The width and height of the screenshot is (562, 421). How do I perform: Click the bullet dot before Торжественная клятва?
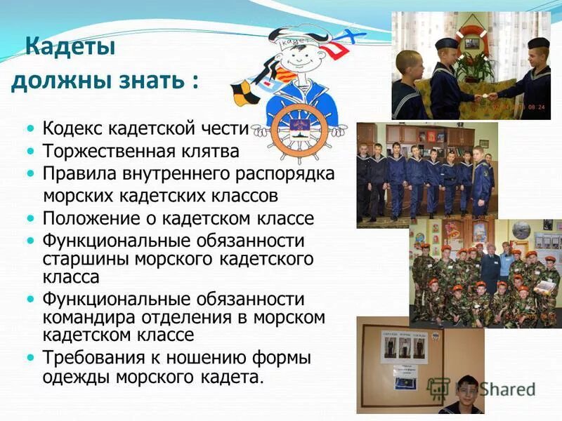click(x=30, y=151)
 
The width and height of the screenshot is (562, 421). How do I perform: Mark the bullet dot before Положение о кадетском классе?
click(x=30, y=218)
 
